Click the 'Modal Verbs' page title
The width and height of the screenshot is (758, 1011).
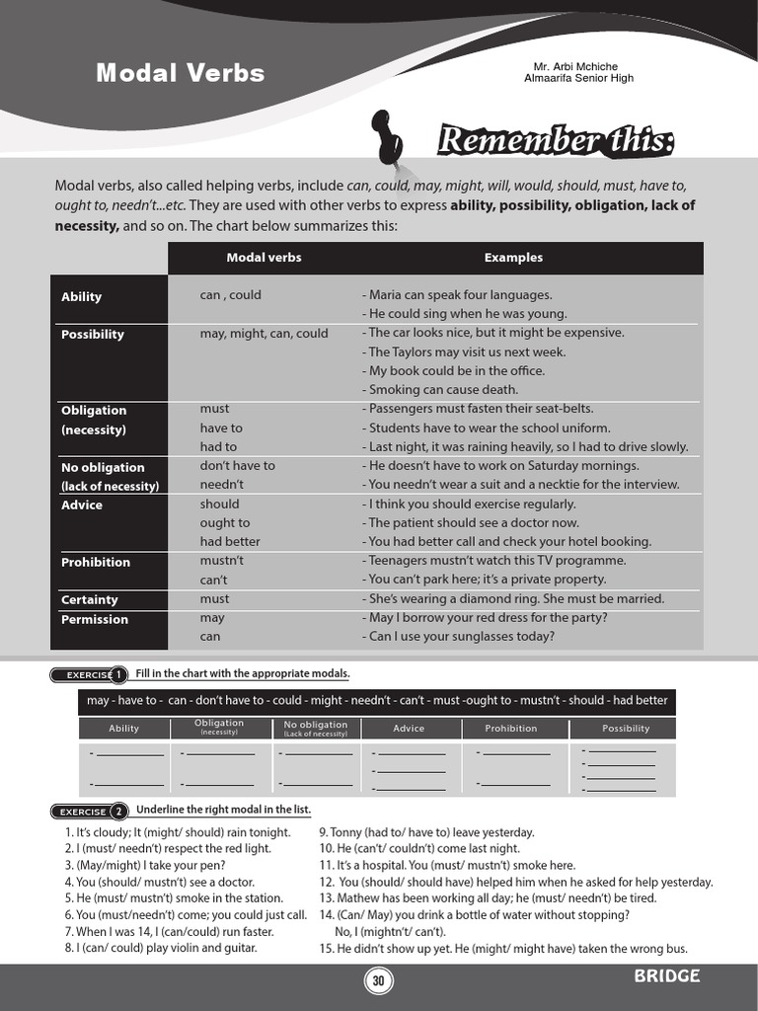point(180,73)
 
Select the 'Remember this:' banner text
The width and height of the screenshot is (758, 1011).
point(556,142)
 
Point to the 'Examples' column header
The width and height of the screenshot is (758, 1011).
point(513,258)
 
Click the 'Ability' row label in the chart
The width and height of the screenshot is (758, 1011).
point(82,296)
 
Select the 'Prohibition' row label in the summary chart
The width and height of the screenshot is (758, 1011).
point(96,562)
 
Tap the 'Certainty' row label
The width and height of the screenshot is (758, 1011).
point(90,599)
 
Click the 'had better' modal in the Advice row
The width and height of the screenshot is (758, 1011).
point(230,541)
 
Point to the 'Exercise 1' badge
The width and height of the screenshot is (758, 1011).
point(89,675)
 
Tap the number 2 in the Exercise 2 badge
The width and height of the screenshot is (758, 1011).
point(118,812)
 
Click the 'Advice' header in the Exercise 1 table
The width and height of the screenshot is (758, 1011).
point(409,729)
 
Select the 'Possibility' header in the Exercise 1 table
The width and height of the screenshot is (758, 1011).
point(626,729)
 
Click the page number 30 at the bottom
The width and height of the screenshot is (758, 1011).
point(378,980)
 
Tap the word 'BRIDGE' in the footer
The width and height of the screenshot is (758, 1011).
point(667,976)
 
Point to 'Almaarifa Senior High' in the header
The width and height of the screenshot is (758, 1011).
point(578,78)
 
